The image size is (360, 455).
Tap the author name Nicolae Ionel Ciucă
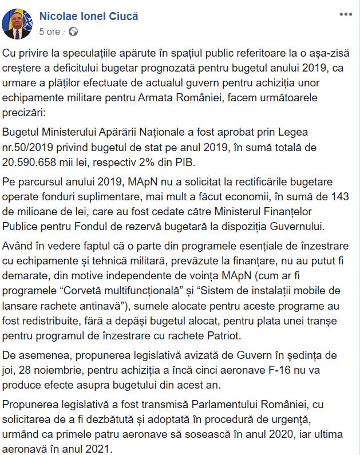(89, 17)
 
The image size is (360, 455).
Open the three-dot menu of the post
(346, 14)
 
